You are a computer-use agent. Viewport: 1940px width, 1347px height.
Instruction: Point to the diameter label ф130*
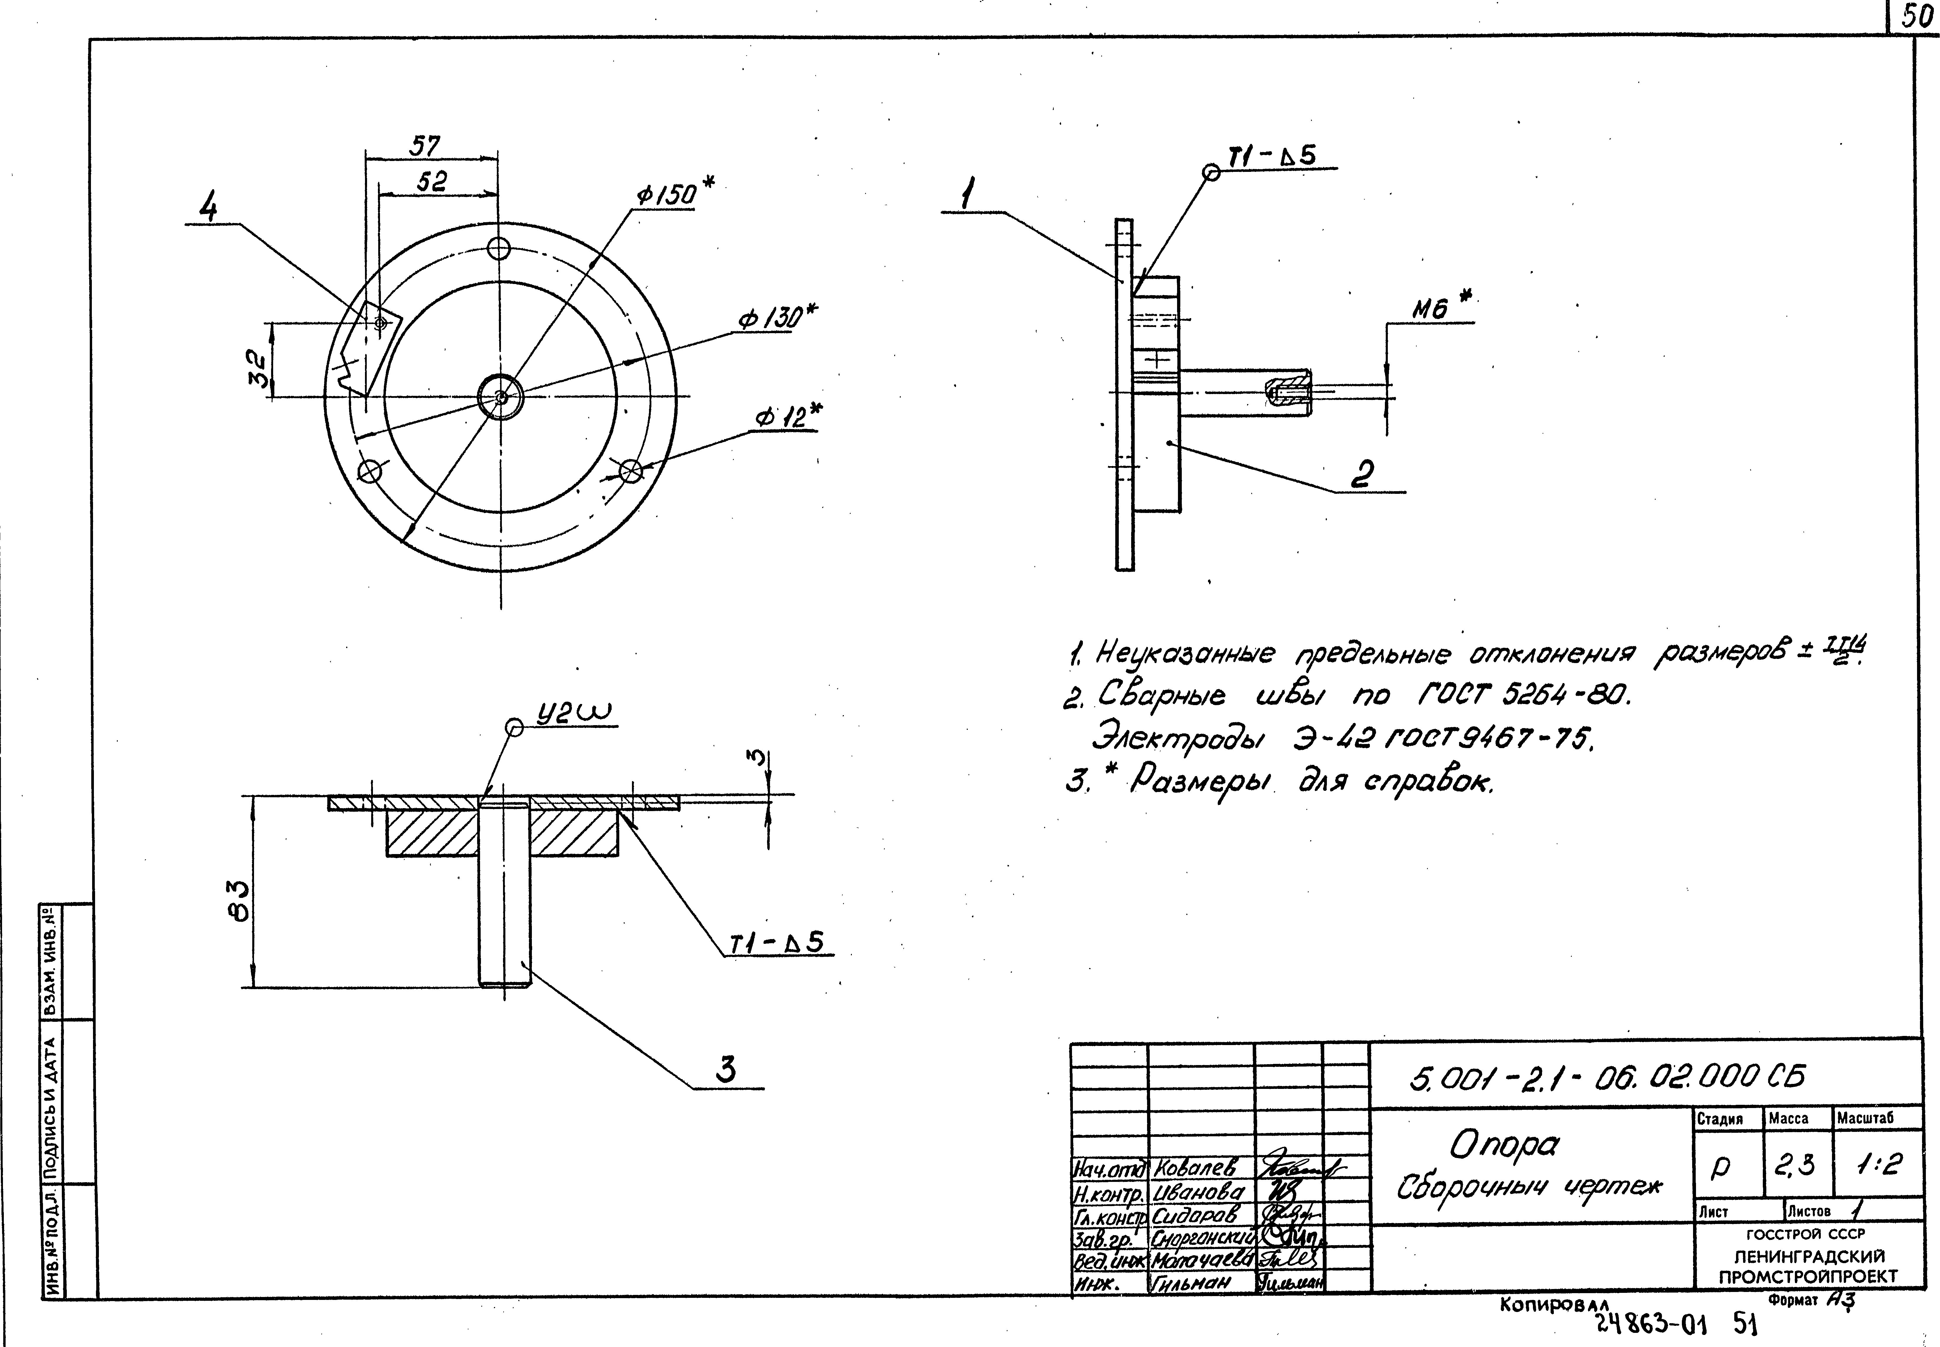(776, 318)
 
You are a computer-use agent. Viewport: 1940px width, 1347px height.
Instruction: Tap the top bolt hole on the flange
(499, 249)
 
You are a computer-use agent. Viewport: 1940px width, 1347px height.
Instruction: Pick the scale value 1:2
(1878, 1165)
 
